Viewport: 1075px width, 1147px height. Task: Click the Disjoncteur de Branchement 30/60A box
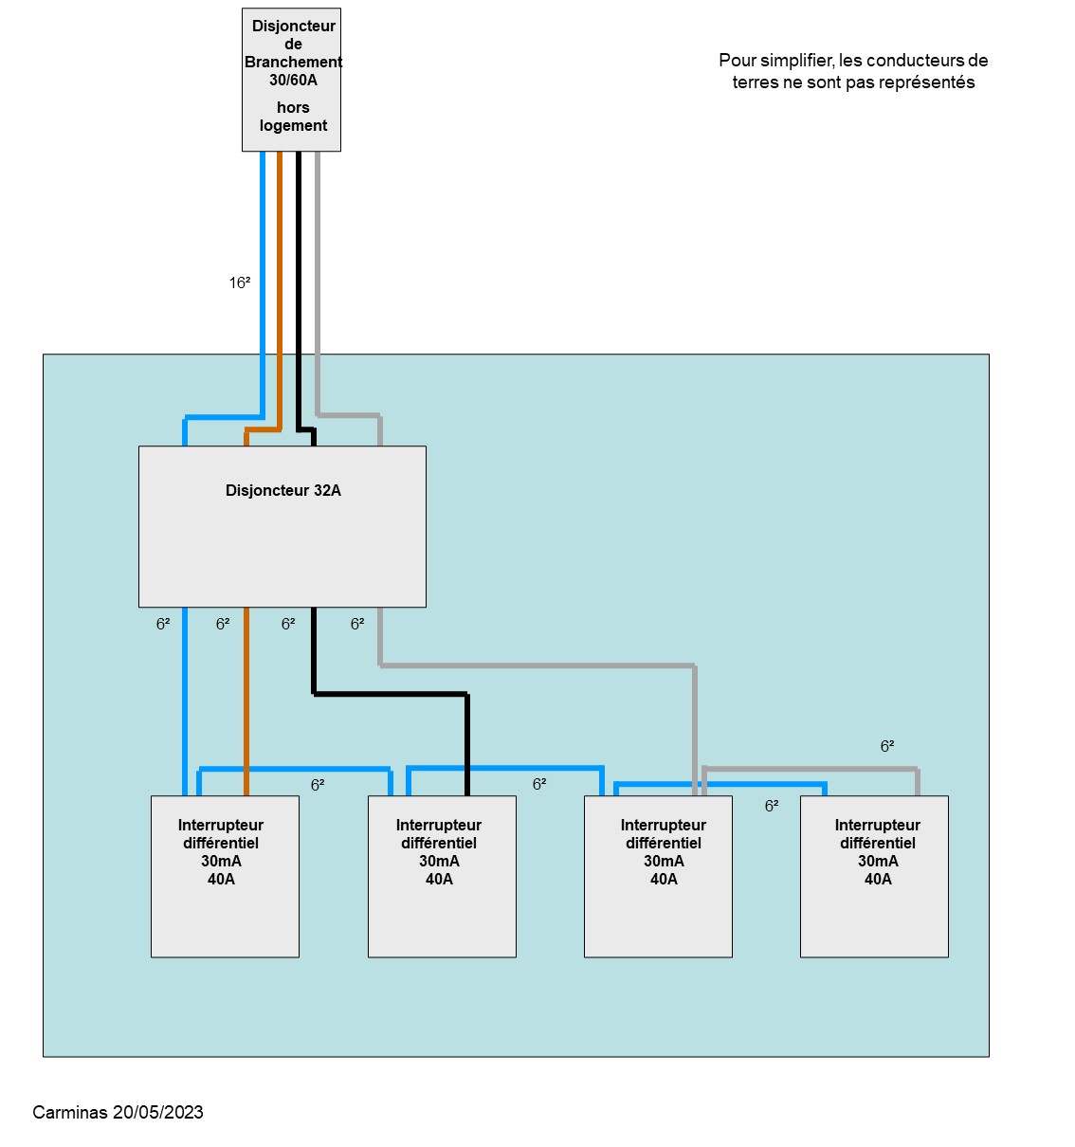291,80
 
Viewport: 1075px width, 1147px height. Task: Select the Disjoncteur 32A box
282,526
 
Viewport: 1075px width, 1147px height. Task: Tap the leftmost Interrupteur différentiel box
225,876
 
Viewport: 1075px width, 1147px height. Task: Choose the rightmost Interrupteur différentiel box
874,876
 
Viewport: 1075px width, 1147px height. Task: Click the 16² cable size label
240,282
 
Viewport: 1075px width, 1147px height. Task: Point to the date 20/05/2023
158,1112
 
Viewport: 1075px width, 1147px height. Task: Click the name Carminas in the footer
70,1112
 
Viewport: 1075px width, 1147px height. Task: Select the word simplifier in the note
796,61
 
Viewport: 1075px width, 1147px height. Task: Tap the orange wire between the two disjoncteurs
280,284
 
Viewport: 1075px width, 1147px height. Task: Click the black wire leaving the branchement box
298,284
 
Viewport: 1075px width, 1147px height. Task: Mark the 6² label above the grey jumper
887,747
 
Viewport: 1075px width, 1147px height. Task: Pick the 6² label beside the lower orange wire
223,624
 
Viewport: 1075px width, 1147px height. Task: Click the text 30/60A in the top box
293,81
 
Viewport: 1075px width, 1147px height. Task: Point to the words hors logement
293,117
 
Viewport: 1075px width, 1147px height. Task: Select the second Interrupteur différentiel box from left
442,876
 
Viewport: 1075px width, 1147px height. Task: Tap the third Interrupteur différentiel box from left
658,876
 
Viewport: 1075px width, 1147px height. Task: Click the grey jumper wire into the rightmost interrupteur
811,768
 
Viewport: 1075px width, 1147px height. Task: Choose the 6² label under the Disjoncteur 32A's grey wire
357,624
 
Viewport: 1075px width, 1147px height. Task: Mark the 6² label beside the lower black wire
288,624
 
